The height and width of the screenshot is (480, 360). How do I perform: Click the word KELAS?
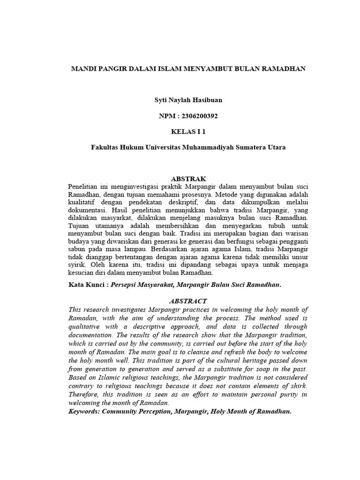pos(182,132)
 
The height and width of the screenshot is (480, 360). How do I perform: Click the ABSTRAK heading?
pos(187,179)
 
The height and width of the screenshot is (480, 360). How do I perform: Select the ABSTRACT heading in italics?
pos(187,301)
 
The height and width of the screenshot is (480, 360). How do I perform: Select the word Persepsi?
pos(124,285)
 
